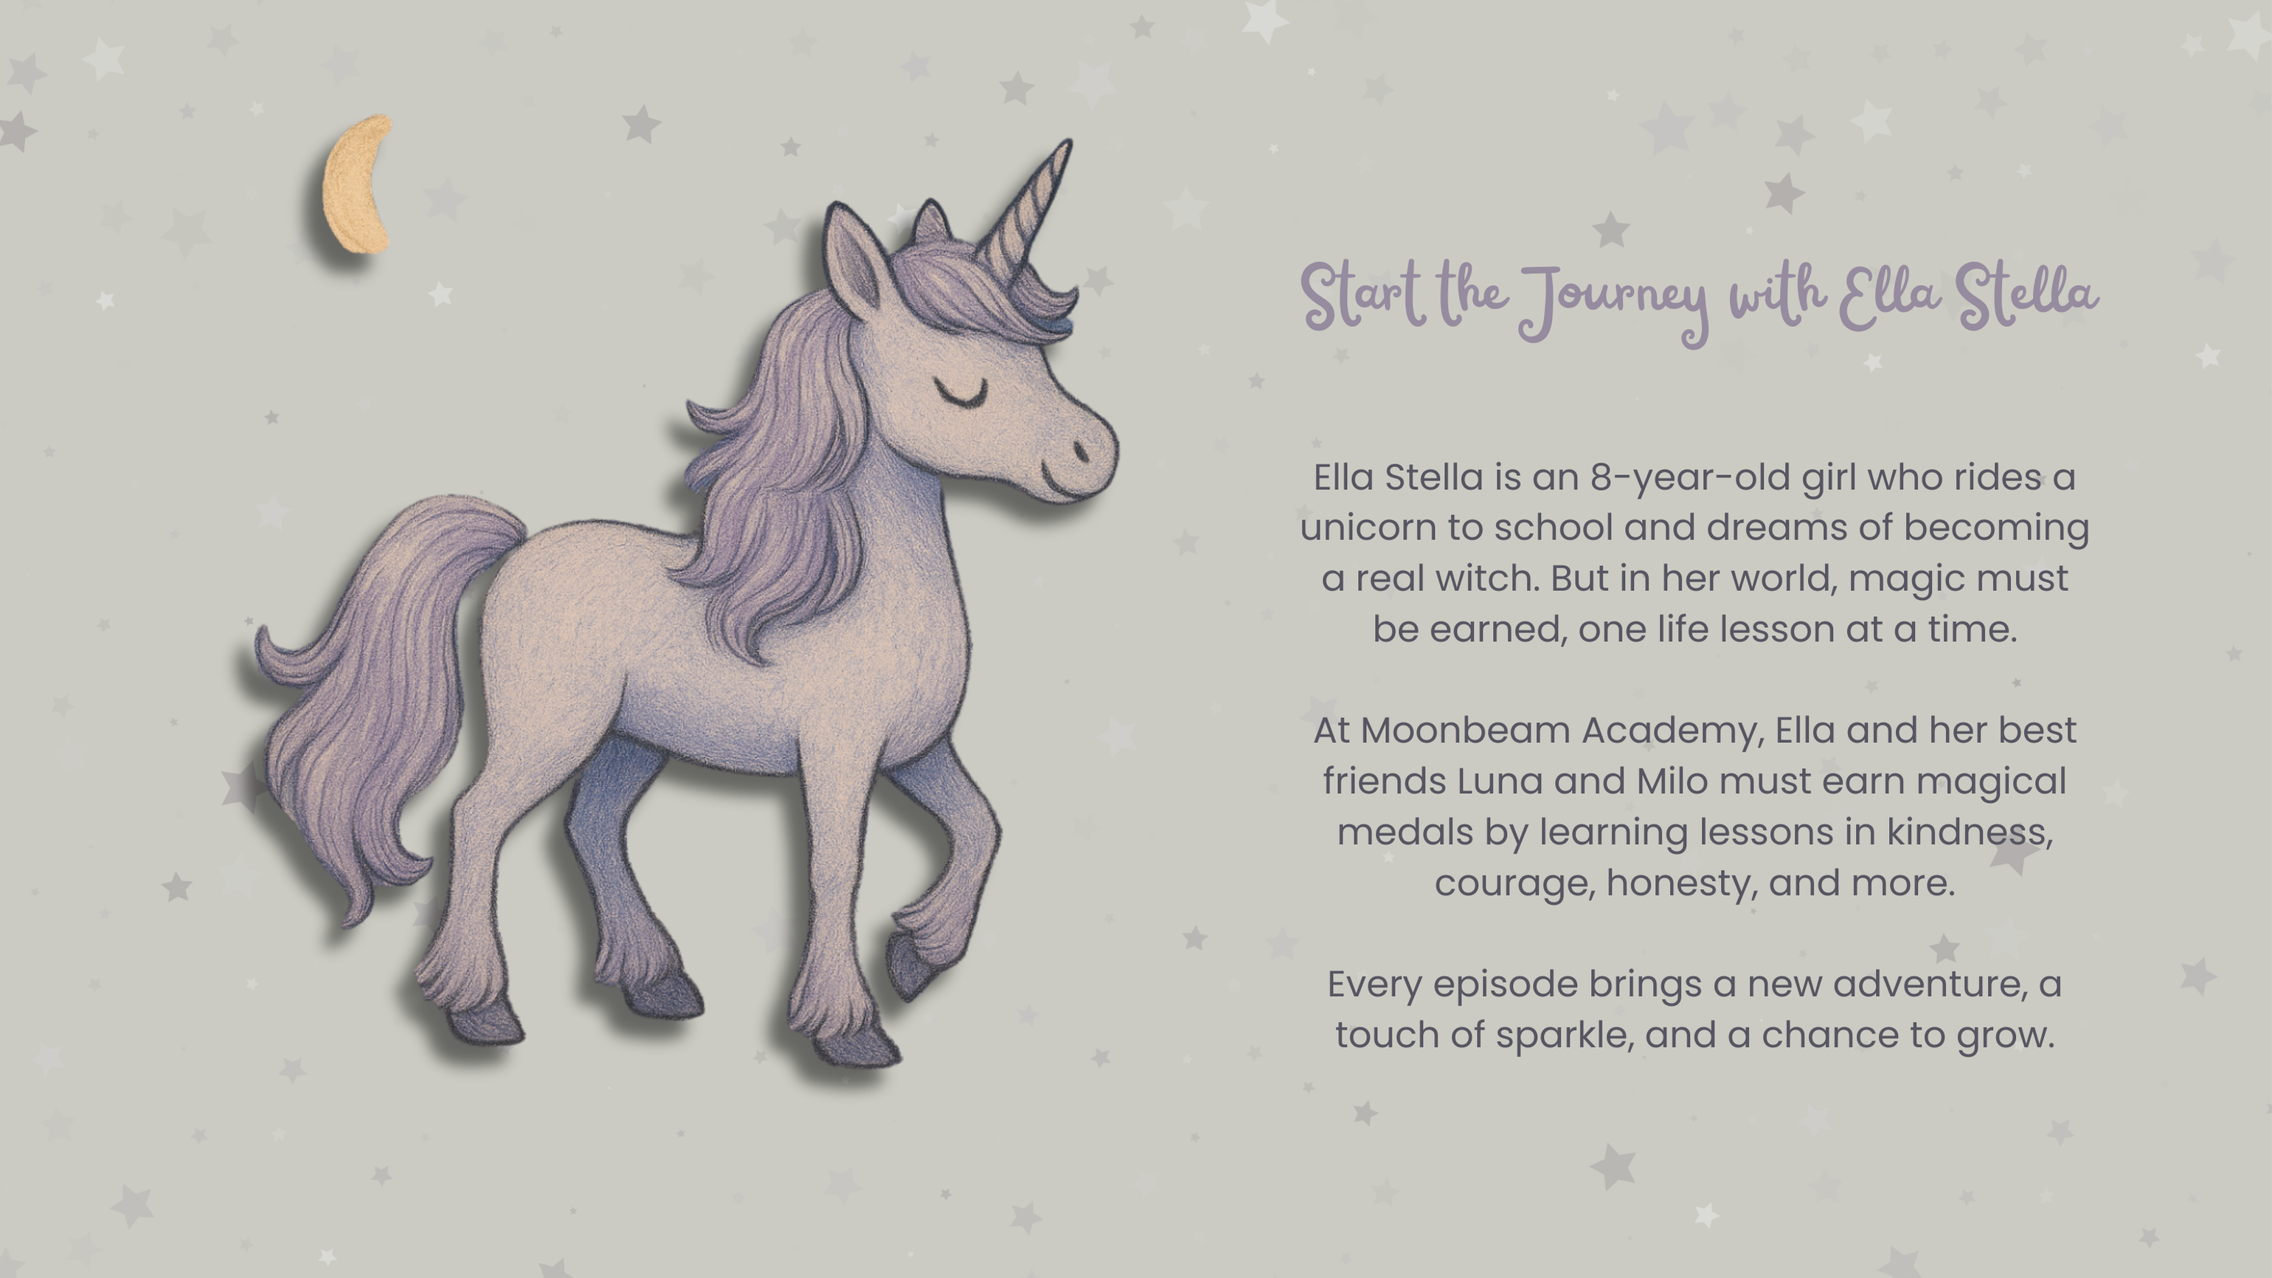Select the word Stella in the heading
[2027, 295]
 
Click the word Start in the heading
[1363, 295]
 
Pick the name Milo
[1672, 781]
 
